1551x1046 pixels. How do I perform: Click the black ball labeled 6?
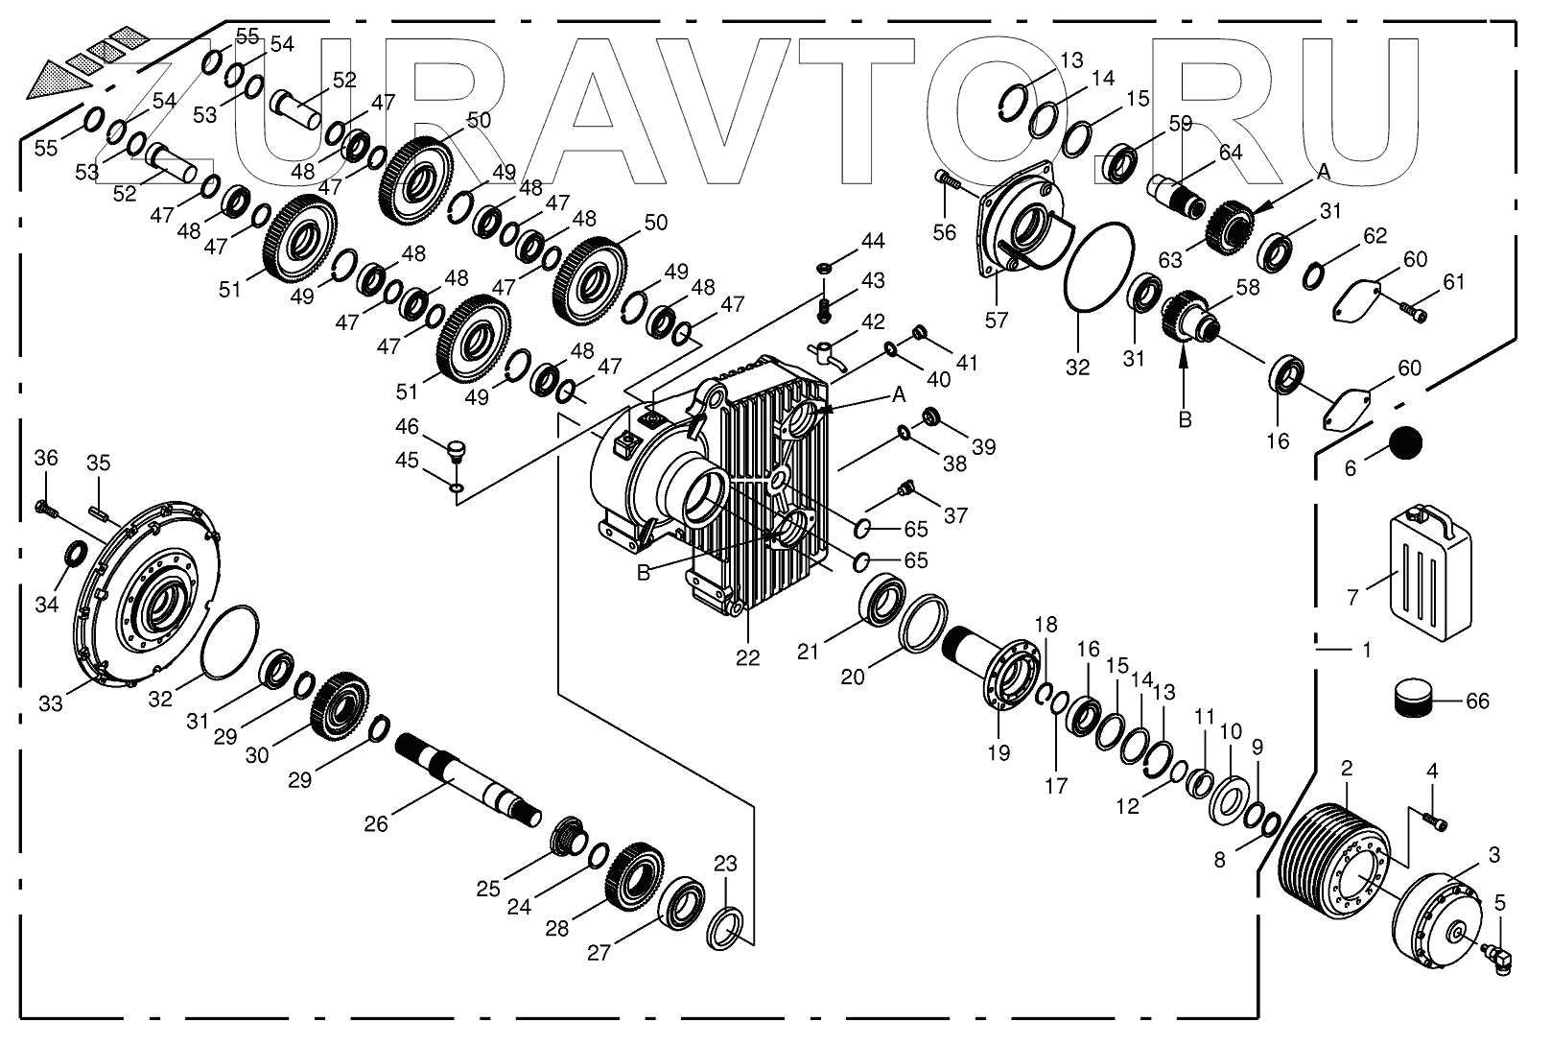coord(1405,443)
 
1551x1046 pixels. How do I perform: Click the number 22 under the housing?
coord(747,658)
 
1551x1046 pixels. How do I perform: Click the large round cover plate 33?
coord(149,596)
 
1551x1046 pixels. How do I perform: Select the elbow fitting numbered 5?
coord(1499,955)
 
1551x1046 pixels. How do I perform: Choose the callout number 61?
coord(1454,281)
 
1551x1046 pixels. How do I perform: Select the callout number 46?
coord(407,426)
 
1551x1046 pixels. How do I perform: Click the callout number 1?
coord(1367,650)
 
